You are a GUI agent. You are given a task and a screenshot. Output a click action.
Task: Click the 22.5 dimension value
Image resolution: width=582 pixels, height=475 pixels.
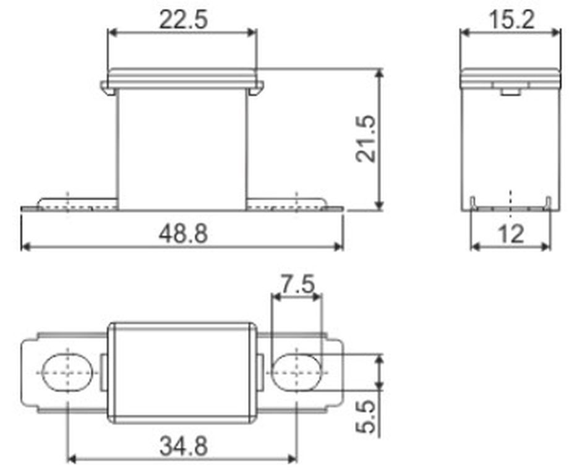click(x=183, y=20)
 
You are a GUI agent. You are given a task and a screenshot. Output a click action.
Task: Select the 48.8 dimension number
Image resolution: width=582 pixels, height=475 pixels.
click(x=183, y=234)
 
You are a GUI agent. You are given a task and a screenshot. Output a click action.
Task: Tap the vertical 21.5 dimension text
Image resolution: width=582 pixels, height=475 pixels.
click(x=366, y=139)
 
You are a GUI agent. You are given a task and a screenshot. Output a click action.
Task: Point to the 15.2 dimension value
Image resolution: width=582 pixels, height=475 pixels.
click(x=512, y=20)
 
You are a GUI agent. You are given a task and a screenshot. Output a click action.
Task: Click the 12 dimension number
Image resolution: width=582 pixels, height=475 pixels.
click(x=511, y=234)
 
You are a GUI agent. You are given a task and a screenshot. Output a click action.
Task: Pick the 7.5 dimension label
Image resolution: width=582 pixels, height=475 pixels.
click(x=297, y=284)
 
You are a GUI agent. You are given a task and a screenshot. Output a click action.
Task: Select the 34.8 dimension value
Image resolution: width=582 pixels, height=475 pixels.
click(x=183, y=446)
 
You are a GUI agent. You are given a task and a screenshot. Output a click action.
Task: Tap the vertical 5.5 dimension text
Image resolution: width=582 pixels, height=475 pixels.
click(x=366, y=416)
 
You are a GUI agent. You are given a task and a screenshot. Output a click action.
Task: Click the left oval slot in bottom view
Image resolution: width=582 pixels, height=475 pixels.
click(x=67, y=372)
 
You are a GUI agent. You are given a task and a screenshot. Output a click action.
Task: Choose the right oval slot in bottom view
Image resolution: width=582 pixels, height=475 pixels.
click(x=297, y=372)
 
